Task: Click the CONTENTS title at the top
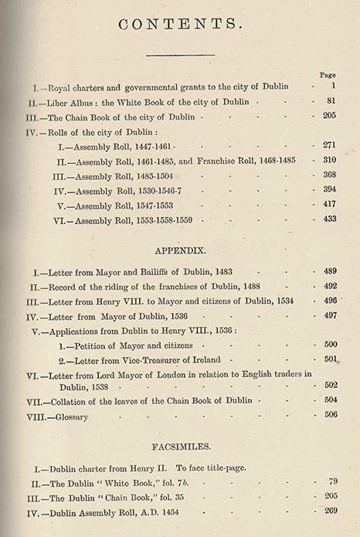coord(179,24)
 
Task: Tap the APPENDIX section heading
coord(179,251)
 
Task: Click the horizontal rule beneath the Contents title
coord(179,54)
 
